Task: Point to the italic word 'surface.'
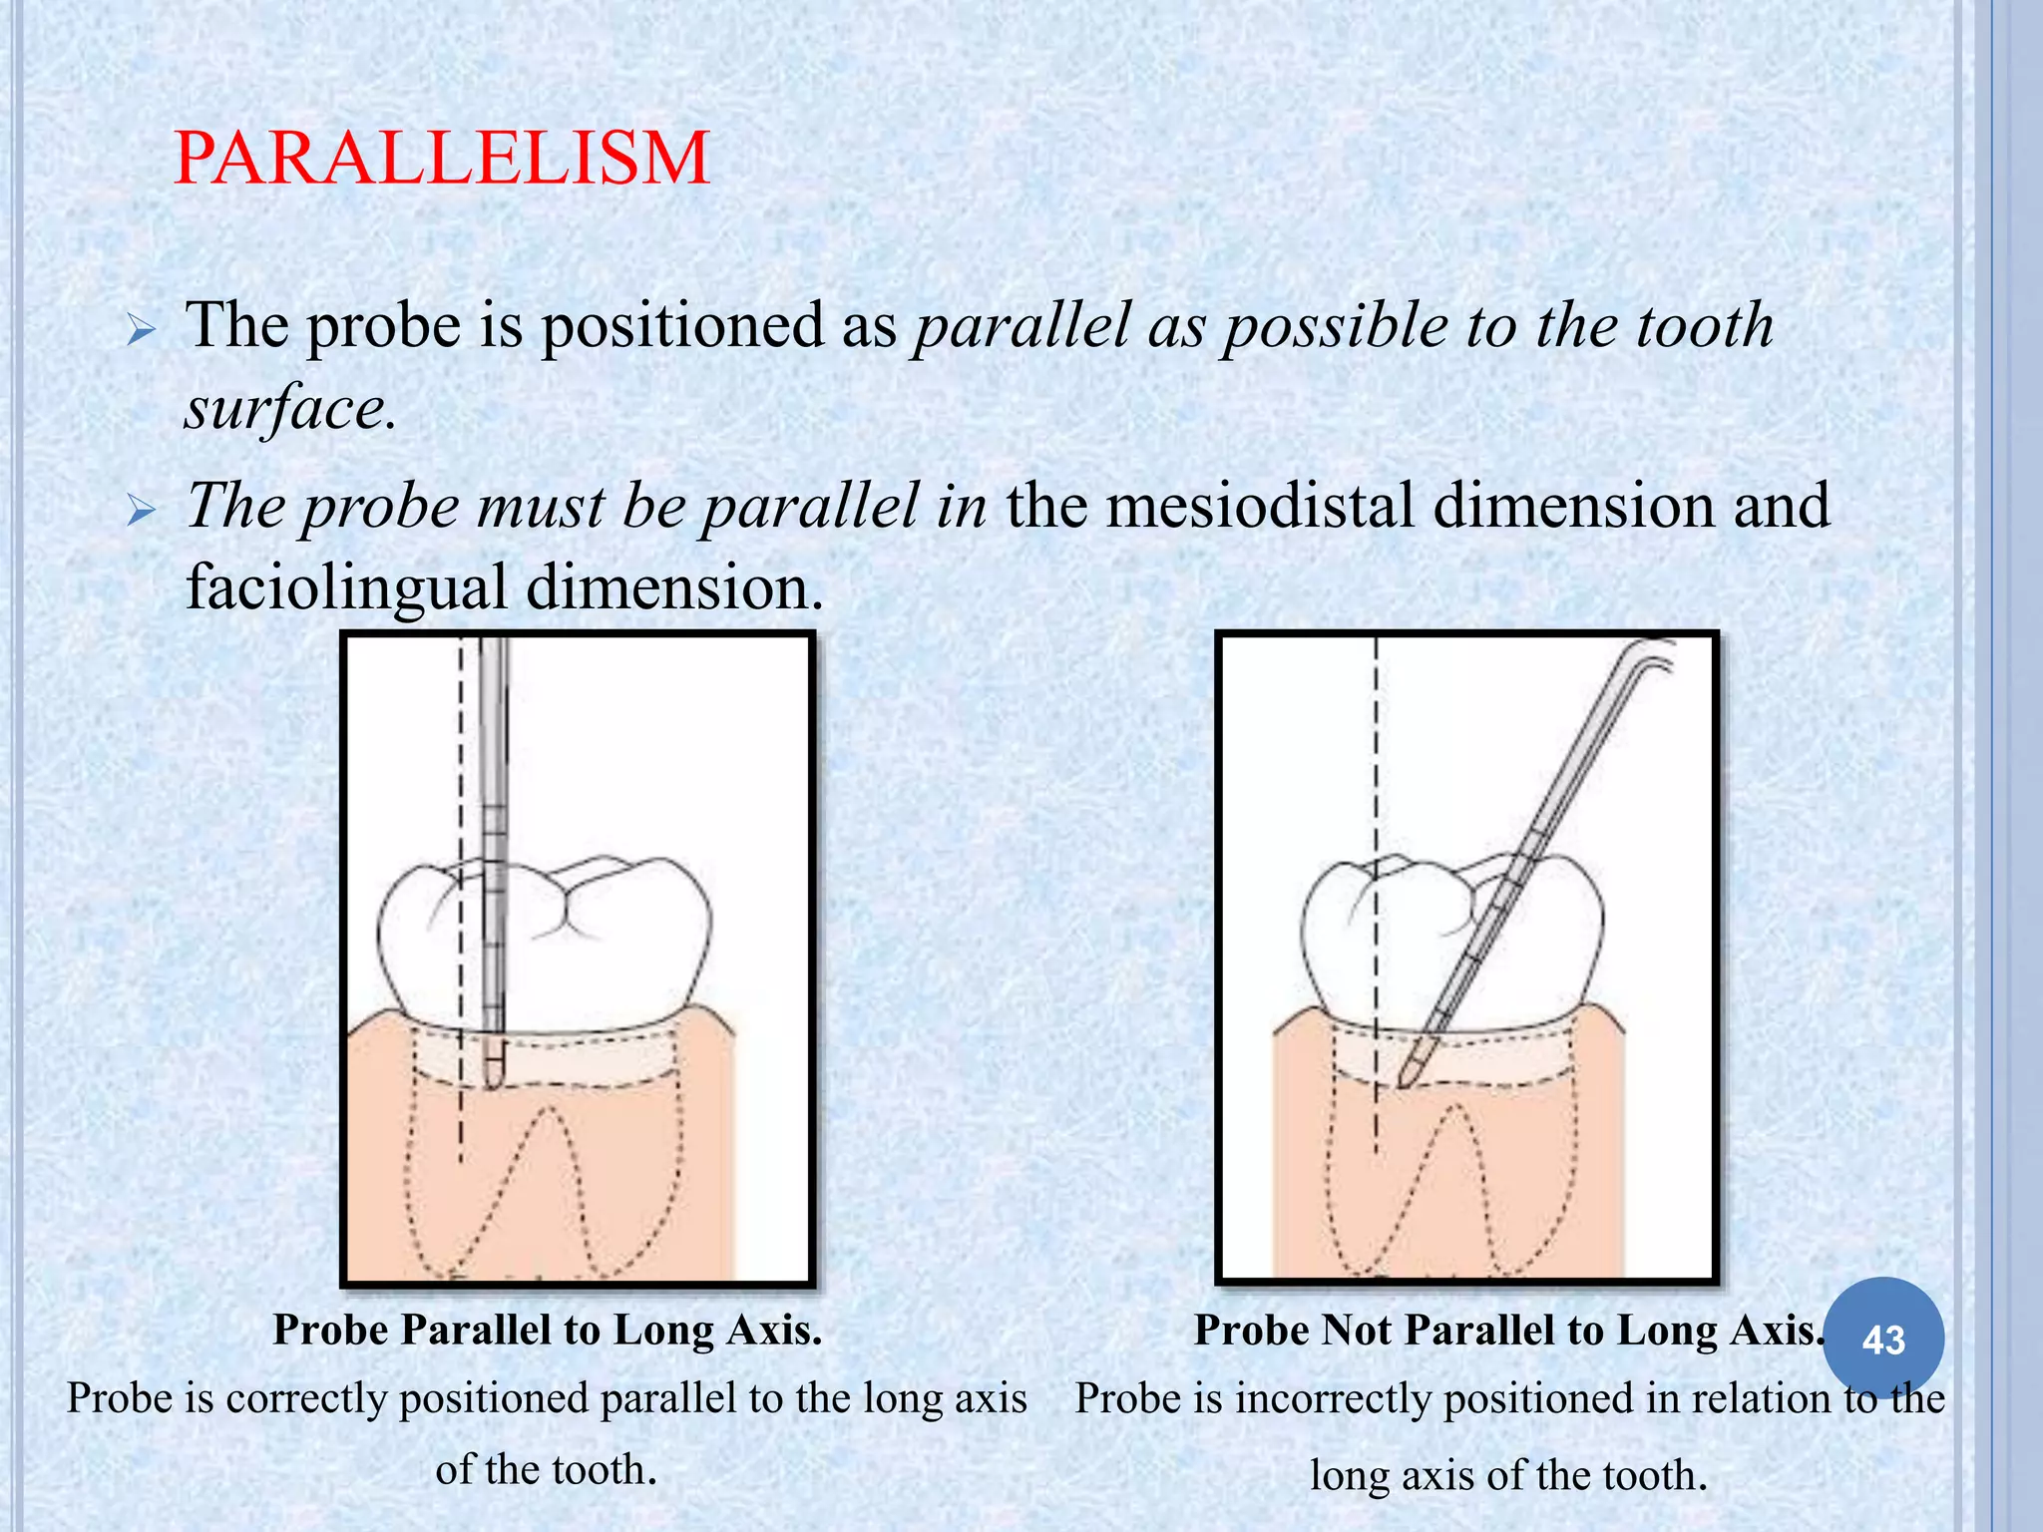click(x=290, y=408)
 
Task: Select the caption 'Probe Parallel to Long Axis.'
click(x=548, y=1330)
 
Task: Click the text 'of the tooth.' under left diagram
click(x=547, y=1469)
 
